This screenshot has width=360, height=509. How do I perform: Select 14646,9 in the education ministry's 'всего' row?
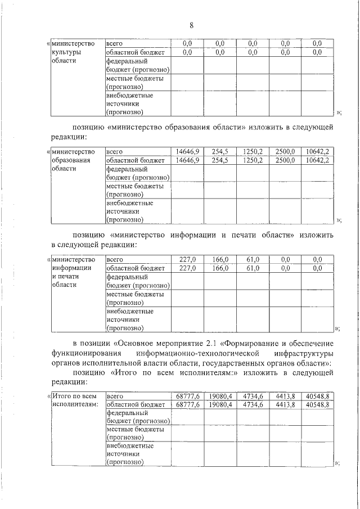187,151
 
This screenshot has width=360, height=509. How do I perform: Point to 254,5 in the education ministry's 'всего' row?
220,151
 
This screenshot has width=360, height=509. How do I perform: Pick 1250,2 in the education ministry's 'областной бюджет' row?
253,160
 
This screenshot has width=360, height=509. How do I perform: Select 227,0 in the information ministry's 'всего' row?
187,259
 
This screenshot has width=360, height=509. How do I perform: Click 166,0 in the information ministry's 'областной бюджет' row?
220,268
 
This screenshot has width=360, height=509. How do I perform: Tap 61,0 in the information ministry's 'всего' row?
253,259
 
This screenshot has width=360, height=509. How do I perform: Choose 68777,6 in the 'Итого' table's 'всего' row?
188,395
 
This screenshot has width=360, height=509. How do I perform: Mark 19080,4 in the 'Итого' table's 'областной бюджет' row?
220,404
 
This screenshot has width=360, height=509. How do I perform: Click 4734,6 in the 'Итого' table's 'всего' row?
253,395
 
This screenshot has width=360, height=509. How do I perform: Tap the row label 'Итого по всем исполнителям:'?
75,400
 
